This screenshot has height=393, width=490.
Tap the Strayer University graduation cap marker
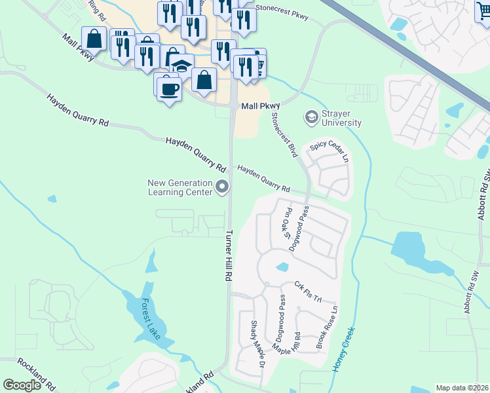pyautogui.click(x=311, y=118)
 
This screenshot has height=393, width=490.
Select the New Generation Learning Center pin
pyautogui.click(x=222, y=188)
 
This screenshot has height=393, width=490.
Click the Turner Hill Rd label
pyautogui.click(x=229, y=256)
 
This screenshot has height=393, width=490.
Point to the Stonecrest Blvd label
pyautogui.click(x=284, y=135)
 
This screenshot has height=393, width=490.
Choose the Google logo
pyautogui.click(x=22, y=385)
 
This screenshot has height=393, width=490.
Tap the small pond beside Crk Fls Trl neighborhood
pyautogui.click(x=282, y=267)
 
